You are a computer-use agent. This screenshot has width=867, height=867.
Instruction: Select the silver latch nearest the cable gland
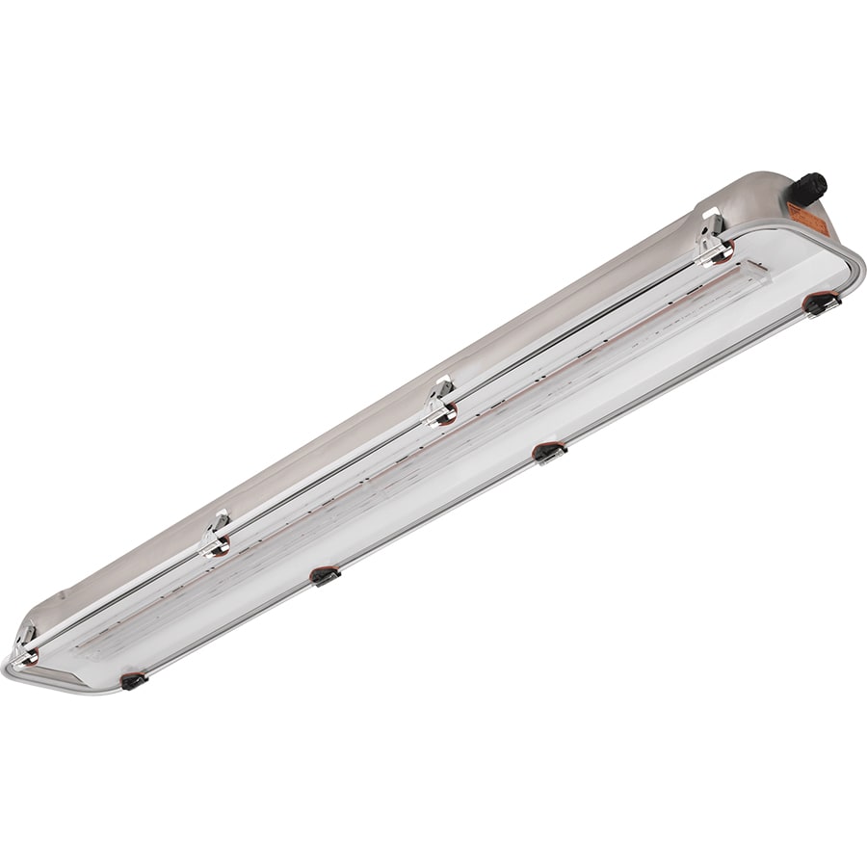pyautogui.click(x=713, y=246)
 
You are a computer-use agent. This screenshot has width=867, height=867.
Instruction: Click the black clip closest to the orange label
pyautogui.click(x=823, y=302)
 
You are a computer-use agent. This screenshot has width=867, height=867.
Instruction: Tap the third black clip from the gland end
pyautogui.click(x=325, y=575)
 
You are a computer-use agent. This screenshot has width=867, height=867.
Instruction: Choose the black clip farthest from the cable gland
pyautogui.click(x=133, y=680)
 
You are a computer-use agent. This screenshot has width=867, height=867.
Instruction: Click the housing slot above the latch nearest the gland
pyautogui.click(x=709, y=215)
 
